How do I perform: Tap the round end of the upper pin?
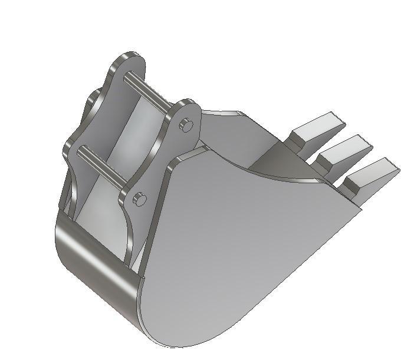[186, 124]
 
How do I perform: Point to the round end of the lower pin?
[139, 199]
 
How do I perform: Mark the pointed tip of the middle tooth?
[369, 141]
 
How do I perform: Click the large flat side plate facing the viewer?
[236, 247]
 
